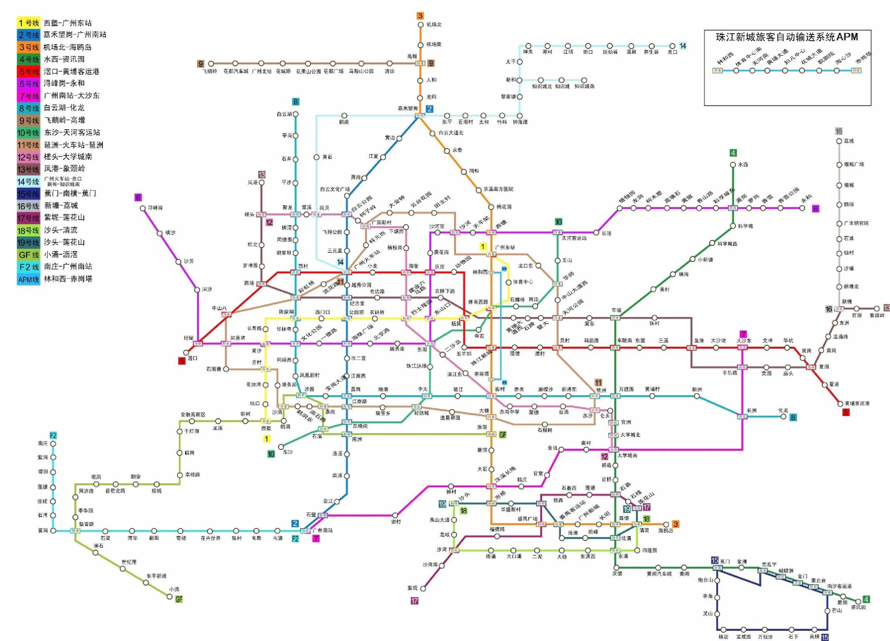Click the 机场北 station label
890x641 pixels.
click(x=434, y=24)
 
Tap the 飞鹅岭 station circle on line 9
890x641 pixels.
click(x=211, y=64)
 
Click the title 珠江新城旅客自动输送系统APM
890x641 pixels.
click(x=787, y=37)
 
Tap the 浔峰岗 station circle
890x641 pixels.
click(x=143, y=208)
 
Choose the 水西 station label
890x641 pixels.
click(x=743, y=165)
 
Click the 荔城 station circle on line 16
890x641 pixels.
click(x=839, y=141)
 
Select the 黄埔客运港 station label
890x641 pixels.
click(x=857, y=403)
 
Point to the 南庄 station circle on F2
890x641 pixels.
click(x=53, y=444)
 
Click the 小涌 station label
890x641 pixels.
click(x=174, y=589)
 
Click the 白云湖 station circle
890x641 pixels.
click(x=296, y=114)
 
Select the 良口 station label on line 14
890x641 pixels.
click(x=672, y=52)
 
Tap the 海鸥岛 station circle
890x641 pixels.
click(x=666, y=525)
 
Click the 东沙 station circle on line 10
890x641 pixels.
click(x=281, y=447)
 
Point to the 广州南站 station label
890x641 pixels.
click(x=322, y=530)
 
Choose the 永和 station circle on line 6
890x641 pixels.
click(x=803, y=208)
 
